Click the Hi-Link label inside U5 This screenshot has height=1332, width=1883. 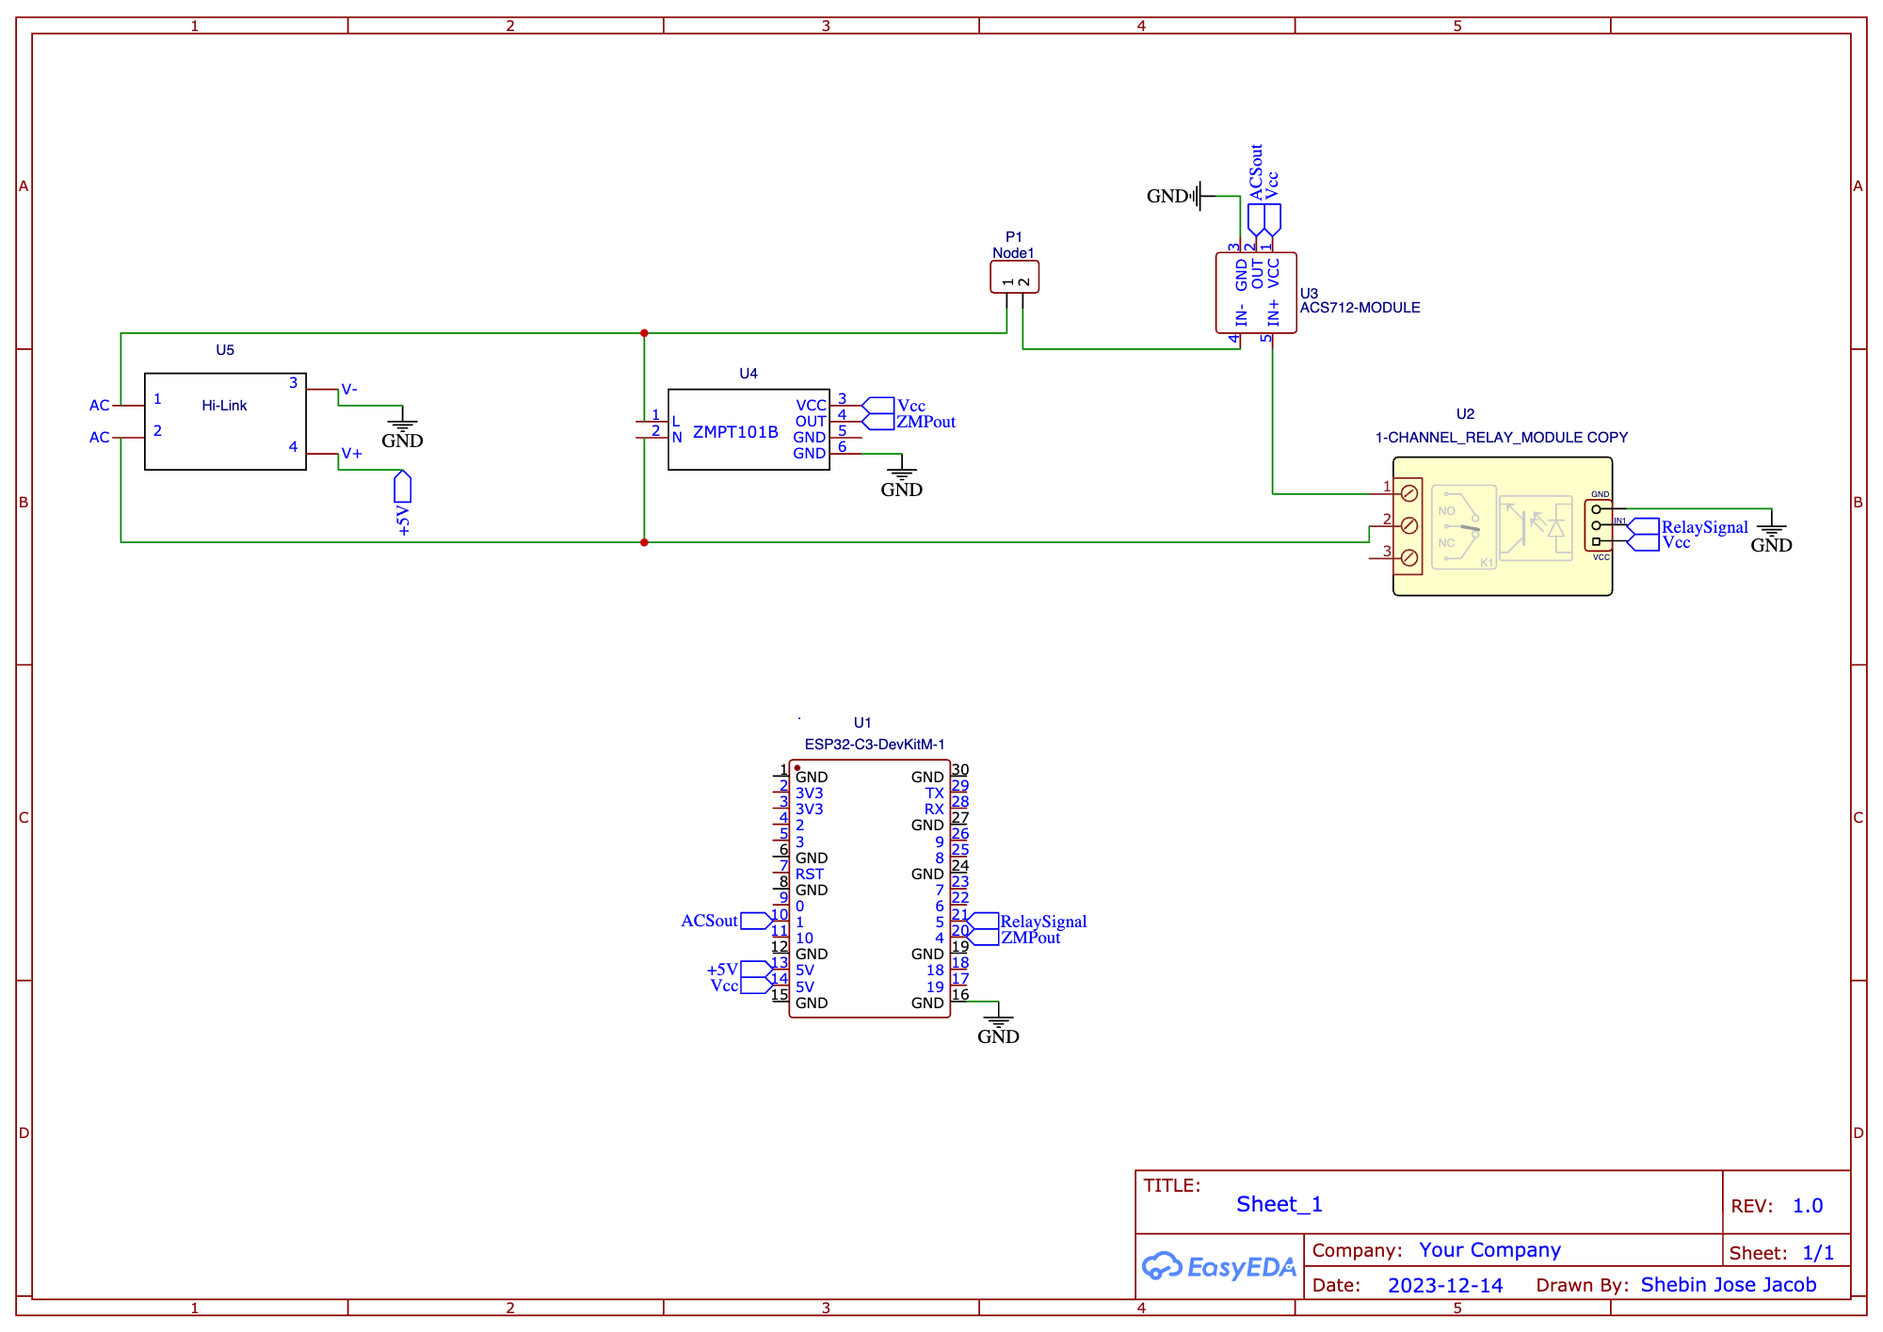(x=224, y=406)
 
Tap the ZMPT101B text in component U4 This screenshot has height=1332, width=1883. (x=735, y=432)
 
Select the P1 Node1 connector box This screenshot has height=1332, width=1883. (x=1014, y=277)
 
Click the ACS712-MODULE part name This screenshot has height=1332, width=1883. (x=1360, y=308)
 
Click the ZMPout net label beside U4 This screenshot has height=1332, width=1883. (x=925, y=422)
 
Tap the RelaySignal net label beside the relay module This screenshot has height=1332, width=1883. (x=1704, y=527)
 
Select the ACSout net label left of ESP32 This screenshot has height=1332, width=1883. (x=709, y=921)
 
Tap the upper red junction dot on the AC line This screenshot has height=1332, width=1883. (x=644, y=333)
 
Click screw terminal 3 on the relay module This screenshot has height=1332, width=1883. (x=1409, y=558)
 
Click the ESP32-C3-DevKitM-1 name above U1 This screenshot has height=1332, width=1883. (x=874, y=745)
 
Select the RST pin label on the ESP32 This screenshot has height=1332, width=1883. (x=809, y=874)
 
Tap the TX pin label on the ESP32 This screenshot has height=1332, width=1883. (x=933, y=794)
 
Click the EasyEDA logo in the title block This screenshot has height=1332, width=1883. (x=1218, y=1267)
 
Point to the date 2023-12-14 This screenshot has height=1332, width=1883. (x=1445, y=1286)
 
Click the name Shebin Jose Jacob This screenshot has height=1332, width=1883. (x=1728, y=1285)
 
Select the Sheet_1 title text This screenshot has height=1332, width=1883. (x=1279, y=1205)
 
